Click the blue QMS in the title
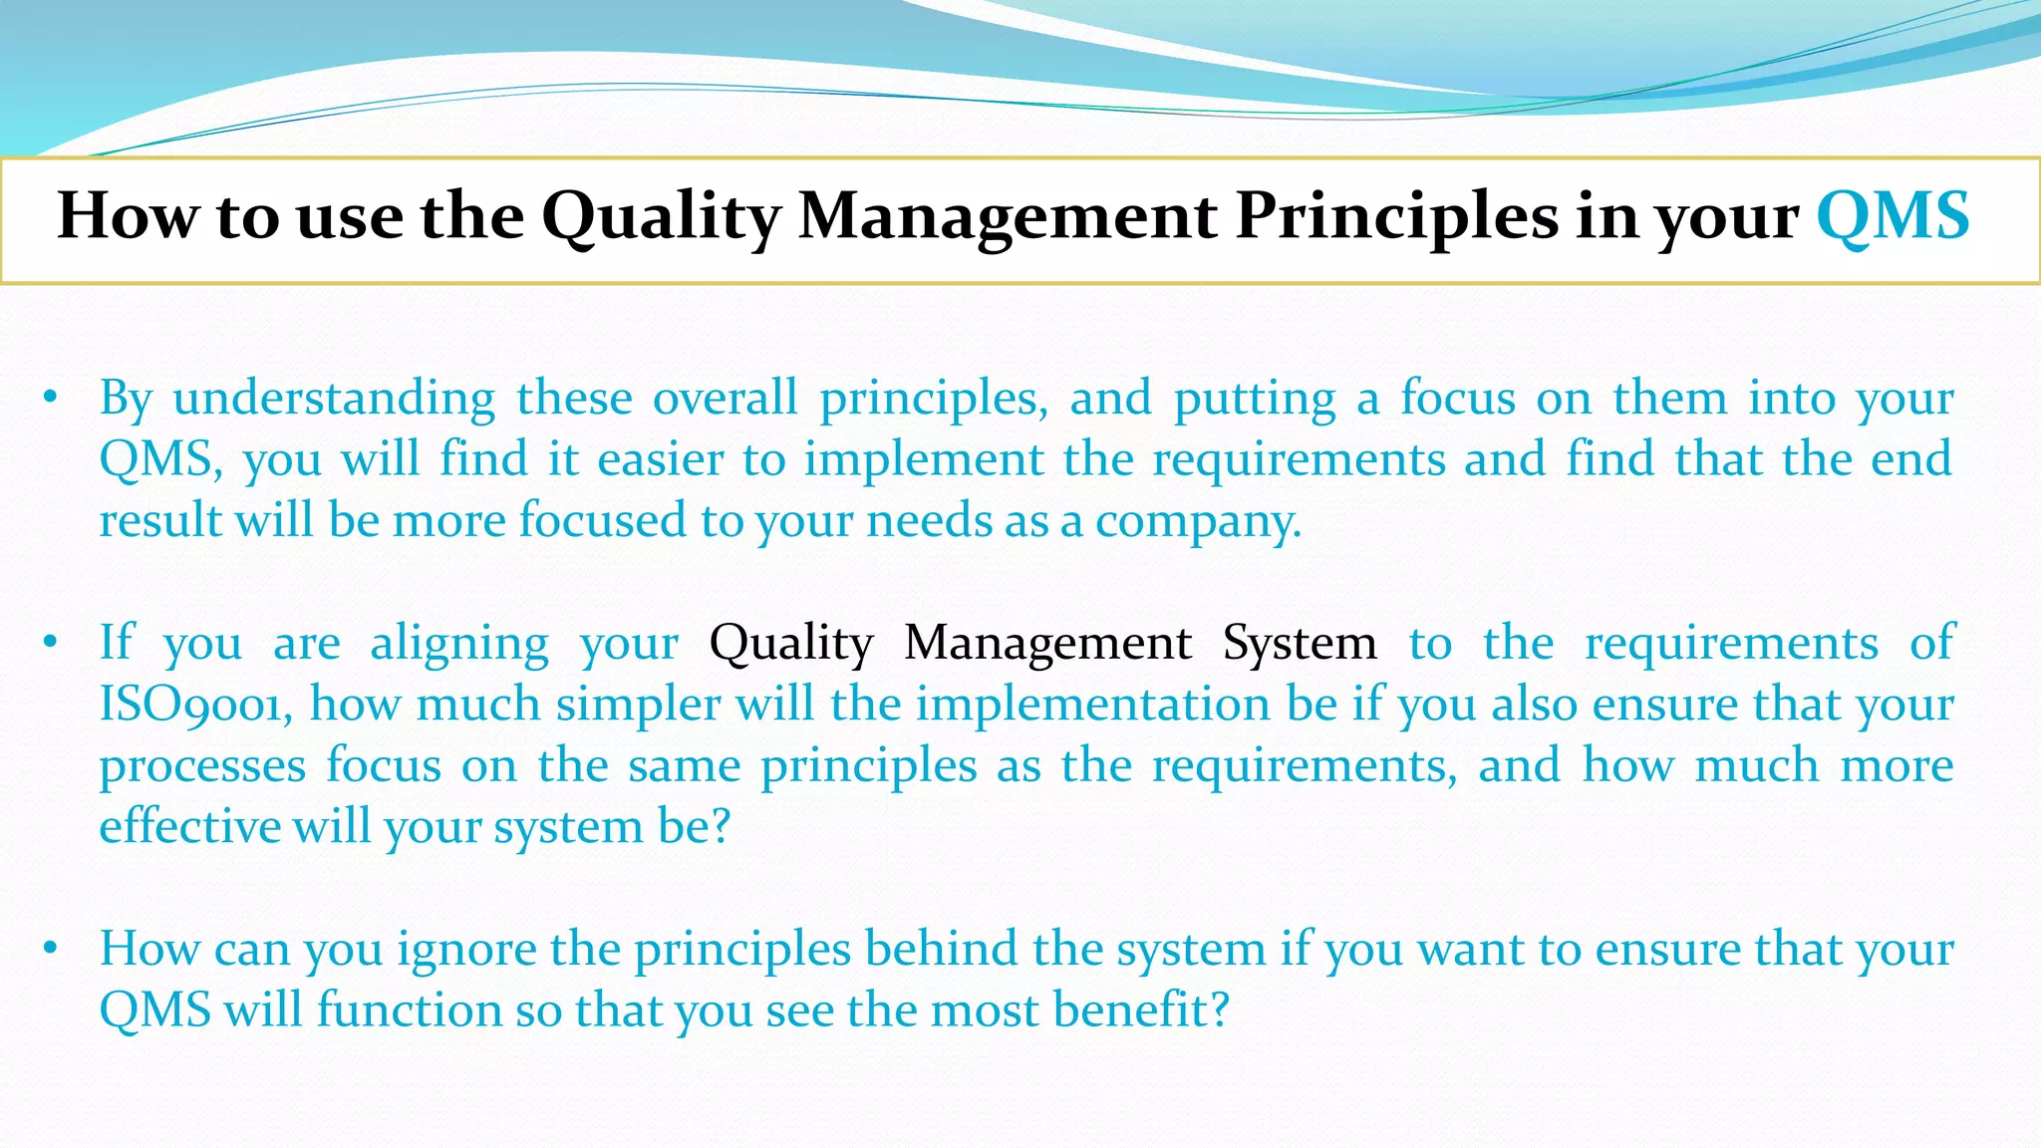point(1892,216)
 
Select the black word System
point(1300,644)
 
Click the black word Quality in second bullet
point(791,644)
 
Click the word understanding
point(334,399)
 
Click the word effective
point(189,827)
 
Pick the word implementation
point(1093,705)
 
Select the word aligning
point(459,644)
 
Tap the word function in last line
point(411,1010)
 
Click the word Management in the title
point(1007,216)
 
